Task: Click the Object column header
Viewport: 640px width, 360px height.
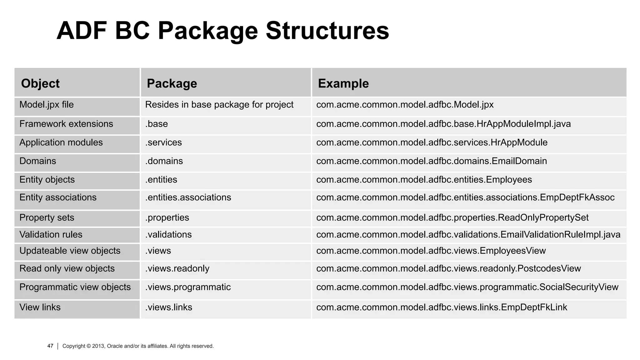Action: pyautogui.click(x=40, y=83)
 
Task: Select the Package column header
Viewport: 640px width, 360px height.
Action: pyautogui.click(x=172, y=83)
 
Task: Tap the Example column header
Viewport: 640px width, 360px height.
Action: pyautogui.click(x=343, y=83)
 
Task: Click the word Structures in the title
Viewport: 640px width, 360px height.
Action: pyautogui.click(x=327, y=31)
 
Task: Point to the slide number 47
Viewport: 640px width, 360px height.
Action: pyautogui.click(x=50, y=346)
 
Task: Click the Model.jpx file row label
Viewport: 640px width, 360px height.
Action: pyautogui.click(x=47, y=105)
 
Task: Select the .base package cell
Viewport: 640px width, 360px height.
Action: pyautogui.click(x=157, y=124)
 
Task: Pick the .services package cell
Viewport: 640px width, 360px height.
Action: pyautogui.click(x=163, y=142)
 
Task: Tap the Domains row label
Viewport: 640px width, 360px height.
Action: pyautogui.click(x=38, y=161)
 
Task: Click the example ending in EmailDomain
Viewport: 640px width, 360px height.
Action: pyautogui.click(x=432, y=161)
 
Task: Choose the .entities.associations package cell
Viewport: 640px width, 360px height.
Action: pyautogui.click(x=188, y=197)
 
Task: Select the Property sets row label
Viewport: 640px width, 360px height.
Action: pyautogui.click(x=47, y=217)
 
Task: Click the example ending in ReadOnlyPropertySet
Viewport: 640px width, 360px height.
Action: pyautogui.click(x=452, y=217)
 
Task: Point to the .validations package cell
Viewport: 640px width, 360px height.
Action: pyautogui.click(x=168, y=235)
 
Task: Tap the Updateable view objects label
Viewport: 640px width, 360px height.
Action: pyautogui.click(x=70, y=251)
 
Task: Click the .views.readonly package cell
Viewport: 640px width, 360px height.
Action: pyautogui.click(x=177, y=269)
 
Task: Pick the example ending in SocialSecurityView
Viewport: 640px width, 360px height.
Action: pyautogui.click(x=467, y=287)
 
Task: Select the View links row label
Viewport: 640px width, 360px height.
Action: pyautogui.click(x=40, y=307)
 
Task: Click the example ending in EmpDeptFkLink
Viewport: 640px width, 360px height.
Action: pyautogui.click(x=442, y=307)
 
